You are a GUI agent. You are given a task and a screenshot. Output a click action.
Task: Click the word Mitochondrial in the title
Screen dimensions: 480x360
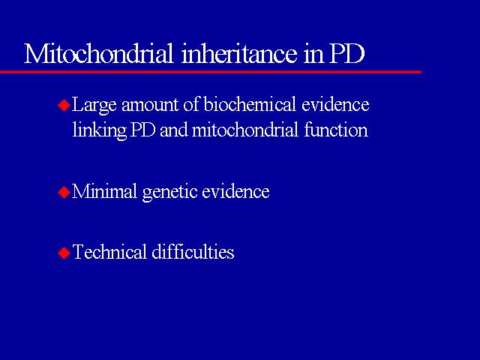(x=98, y=53)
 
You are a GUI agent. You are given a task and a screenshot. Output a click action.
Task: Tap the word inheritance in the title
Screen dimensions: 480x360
(x=239, y=53)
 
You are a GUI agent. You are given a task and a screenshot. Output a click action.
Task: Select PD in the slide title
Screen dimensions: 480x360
(x=346, y=54)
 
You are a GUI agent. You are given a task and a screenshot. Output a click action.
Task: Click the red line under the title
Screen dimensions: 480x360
(x=211, y=72)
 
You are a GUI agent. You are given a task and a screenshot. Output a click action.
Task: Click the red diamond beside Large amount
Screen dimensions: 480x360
(x=64, y=105)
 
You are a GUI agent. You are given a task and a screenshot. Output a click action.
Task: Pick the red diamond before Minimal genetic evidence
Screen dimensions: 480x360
(x=64, y=193)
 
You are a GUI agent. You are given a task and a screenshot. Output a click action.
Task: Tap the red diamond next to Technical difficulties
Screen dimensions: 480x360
(x=64, y=253)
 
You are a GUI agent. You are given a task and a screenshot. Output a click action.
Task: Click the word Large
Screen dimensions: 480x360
(x=94, y=106)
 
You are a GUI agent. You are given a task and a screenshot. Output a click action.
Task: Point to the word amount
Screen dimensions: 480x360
(x=150, y=106)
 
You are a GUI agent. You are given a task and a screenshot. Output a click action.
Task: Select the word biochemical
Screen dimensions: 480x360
(x=250, y=104)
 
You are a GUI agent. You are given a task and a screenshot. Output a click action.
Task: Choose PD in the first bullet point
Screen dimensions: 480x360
(x=143, y=130)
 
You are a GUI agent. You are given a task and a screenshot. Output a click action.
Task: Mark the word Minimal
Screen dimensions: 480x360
(x=104, y=192)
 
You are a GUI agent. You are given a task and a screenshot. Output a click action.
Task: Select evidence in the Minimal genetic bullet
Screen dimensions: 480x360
(x=235, y=192)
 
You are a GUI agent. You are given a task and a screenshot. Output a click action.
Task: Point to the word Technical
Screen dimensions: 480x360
(x=109, y=252)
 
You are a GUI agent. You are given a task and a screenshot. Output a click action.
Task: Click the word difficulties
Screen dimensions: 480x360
(x=193, y=252)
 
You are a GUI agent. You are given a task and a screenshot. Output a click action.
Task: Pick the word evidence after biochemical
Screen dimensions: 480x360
(x=335, y=104)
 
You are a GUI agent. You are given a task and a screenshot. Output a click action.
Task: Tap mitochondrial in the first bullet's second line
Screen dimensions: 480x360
(x=245, y=130)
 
